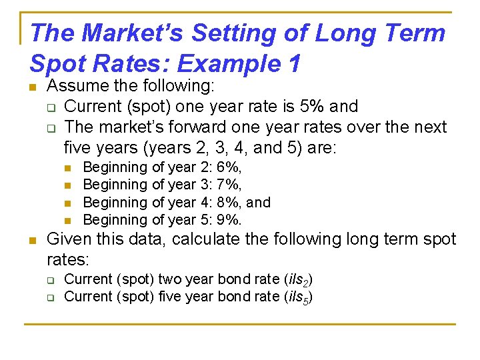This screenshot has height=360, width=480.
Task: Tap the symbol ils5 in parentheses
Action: click(299, 297)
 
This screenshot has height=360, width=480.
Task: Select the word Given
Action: click(67, 239)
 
